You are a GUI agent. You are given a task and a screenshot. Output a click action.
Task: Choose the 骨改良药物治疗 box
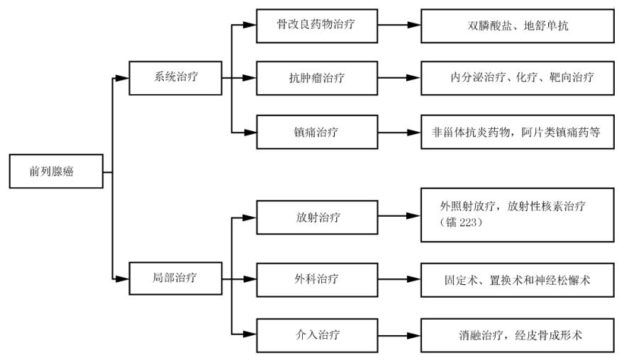point(317,24)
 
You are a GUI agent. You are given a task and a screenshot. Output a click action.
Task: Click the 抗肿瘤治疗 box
point(317,77)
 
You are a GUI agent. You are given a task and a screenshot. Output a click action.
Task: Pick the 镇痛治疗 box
point(317,131)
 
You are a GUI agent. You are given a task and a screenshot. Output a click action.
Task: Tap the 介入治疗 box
point(317,332)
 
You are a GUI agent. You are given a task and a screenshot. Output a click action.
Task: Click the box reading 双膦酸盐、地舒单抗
point(517,25)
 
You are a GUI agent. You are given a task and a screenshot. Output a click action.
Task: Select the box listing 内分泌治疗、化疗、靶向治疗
point(517,78)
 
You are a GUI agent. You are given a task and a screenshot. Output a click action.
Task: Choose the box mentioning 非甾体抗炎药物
point(517,131)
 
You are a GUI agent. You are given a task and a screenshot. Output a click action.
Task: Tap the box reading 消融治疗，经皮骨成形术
point(517,333)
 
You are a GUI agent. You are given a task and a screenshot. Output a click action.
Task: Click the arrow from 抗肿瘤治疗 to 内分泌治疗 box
point(399,78)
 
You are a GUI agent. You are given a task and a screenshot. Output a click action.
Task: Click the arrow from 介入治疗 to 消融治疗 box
point(399,332)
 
